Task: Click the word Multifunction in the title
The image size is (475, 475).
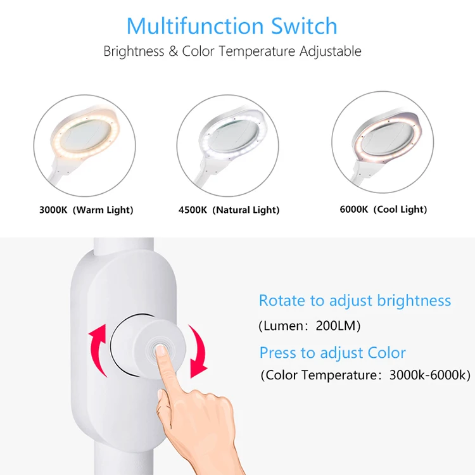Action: point(195,26)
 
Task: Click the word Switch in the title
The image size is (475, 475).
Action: point(304,26)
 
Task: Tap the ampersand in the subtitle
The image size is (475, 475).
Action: point(173,51)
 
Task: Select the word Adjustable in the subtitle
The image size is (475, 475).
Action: point(331,51)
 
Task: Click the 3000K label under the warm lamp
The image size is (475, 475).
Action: point(53,210)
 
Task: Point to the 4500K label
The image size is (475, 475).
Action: point(193,210)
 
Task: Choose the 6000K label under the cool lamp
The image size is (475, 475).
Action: point(354,210)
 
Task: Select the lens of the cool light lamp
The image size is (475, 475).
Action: point(387,137)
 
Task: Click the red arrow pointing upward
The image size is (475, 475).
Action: point(98,348)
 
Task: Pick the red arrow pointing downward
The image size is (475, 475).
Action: point(198,351)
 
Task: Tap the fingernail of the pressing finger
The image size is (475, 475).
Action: point(160,350)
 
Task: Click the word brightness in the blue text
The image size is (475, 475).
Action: point(414,301)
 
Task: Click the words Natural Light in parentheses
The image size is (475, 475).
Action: point(246,210)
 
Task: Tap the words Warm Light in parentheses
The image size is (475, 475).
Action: point(103,210)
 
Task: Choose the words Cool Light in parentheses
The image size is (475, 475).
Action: point(400,210)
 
